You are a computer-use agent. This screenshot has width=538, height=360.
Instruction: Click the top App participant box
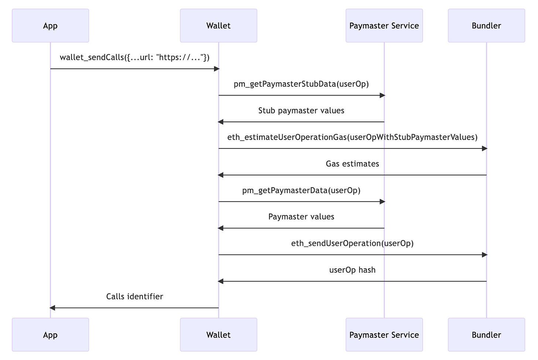(x=50, y=25)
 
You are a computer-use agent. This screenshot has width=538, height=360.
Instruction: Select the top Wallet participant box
(x=218, y=25)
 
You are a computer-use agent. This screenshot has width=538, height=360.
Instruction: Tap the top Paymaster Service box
(x=384, y=25)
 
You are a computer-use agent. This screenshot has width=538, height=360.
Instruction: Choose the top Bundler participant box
(x=486, y=25)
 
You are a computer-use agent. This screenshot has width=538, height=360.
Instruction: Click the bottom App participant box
(x=50, y=335)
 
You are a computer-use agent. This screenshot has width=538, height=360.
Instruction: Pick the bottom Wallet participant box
(x=218, y=335)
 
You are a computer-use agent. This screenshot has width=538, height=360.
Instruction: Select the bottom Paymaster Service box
(x=384, y=335)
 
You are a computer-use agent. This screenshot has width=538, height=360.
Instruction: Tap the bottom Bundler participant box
(x=486, y=335)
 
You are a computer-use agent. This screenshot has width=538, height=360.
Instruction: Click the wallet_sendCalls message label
(x=134, y=58)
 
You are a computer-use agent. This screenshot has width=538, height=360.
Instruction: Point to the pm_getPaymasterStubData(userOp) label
(x=301, y=84)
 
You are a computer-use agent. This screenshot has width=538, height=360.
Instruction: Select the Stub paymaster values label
(x=301, y=111)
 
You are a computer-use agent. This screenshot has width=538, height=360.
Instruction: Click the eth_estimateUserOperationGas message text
(x=352, y=137)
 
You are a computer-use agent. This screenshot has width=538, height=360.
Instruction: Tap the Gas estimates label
(x=352, y=164)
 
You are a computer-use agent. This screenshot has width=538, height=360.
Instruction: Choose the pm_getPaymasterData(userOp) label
(x=301, y=191)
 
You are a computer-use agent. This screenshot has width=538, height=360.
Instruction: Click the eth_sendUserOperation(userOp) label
(x=352, y=244)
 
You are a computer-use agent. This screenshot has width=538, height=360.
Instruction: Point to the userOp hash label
(x=352, y=270)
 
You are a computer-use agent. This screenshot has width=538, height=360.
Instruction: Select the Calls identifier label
(x=134, y=297)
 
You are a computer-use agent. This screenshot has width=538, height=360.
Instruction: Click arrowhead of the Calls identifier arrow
(x=52, y=308)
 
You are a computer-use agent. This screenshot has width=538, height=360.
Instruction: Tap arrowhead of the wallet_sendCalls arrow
(x=217, y=69)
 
